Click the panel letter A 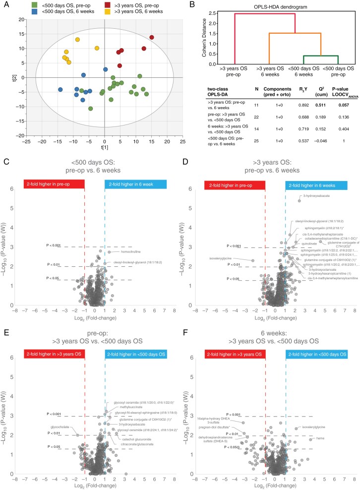pyautogui.click(x=4, y=4)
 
